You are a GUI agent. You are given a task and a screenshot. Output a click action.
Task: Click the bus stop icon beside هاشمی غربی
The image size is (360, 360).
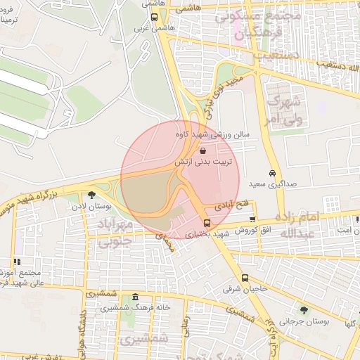(x=154, y=17)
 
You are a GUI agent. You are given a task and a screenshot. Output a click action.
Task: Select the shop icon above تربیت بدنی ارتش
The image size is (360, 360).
(x=202, y=150)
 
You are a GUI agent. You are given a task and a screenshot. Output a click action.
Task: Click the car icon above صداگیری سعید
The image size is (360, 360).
(x=271, y=174)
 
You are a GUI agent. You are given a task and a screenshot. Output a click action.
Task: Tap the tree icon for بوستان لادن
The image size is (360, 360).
(x=91, y=195)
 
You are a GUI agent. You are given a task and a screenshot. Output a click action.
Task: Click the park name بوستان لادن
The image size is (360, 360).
(x=87, y=207)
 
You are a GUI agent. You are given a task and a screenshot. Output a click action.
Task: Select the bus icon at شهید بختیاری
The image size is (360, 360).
(x=196, y=223)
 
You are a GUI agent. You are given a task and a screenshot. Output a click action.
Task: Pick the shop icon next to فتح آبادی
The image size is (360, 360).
(x=252, y=219)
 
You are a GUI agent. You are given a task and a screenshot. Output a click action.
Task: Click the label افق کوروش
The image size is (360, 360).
(x=252, y=230)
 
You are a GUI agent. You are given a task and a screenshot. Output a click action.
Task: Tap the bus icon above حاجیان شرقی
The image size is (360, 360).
(x=245, y=278)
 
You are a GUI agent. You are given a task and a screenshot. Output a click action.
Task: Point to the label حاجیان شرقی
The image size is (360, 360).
(x=242, y=288)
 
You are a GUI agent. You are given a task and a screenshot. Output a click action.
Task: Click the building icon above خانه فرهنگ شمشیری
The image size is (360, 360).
(x=134, y=297)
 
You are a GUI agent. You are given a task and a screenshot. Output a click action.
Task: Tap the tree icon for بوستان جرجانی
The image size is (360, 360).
(x=304, y=309)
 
